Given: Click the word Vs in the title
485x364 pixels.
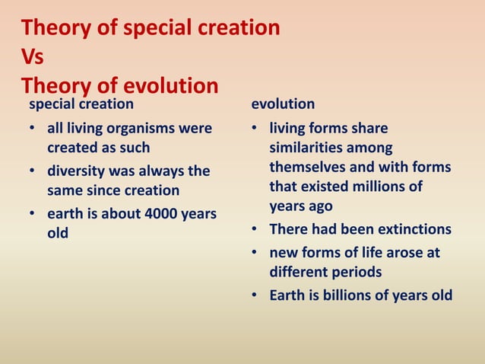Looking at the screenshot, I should (33, 57).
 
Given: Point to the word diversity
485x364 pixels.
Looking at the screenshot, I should (79, 171).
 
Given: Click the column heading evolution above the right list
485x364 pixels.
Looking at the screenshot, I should (283, 103).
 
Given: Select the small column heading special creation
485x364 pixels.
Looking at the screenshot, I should (81, 103).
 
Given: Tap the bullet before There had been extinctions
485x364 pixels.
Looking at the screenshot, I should (258, 230).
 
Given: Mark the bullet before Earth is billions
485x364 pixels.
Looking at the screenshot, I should (258, 295).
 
